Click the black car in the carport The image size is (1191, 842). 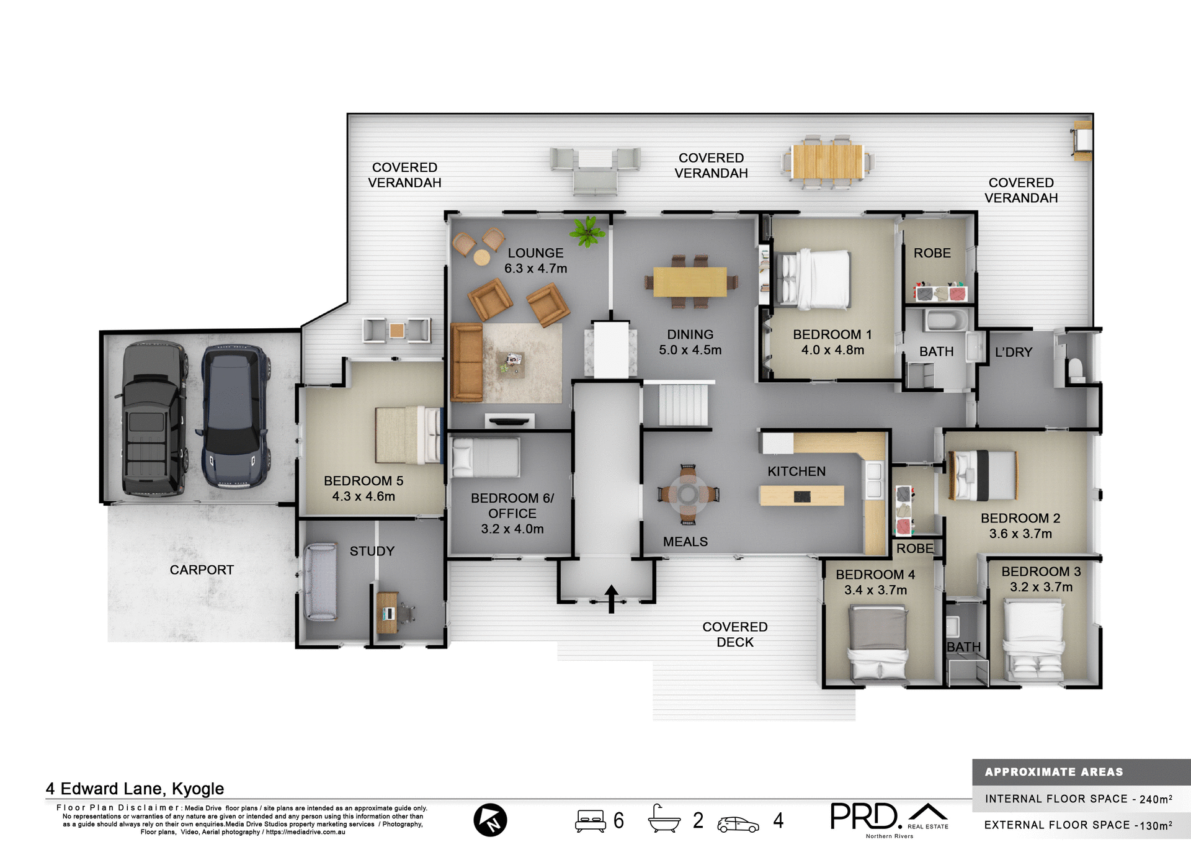pos(153,419)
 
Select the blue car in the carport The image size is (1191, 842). pos(234,417)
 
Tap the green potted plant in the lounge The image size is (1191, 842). pos(587,231)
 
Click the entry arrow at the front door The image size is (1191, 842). pos(611,598)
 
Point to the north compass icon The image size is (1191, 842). pos(490,820)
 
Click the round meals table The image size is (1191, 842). pos(688,494)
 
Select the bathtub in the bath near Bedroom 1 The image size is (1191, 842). pos(945,321)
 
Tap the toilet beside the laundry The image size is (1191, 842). pos(1076,370)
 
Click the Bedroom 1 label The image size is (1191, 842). pos(832,334)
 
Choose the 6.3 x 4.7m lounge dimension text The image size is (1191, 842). pos(535,269)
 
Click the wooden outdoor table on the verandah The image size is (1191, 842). pos(827,161)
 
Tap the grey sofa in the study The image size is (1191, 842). pos(320,581)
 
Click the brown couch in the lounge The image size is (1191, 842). pos(466,362)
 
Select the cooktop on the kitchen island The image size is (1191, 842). pos(802,496)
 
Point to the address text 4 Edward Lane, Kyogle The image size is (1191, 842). pos(135,789)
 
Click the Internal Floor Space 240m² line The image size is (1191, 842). pos(1078,799)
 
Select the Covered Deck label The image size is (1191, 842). pos(734,634)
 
